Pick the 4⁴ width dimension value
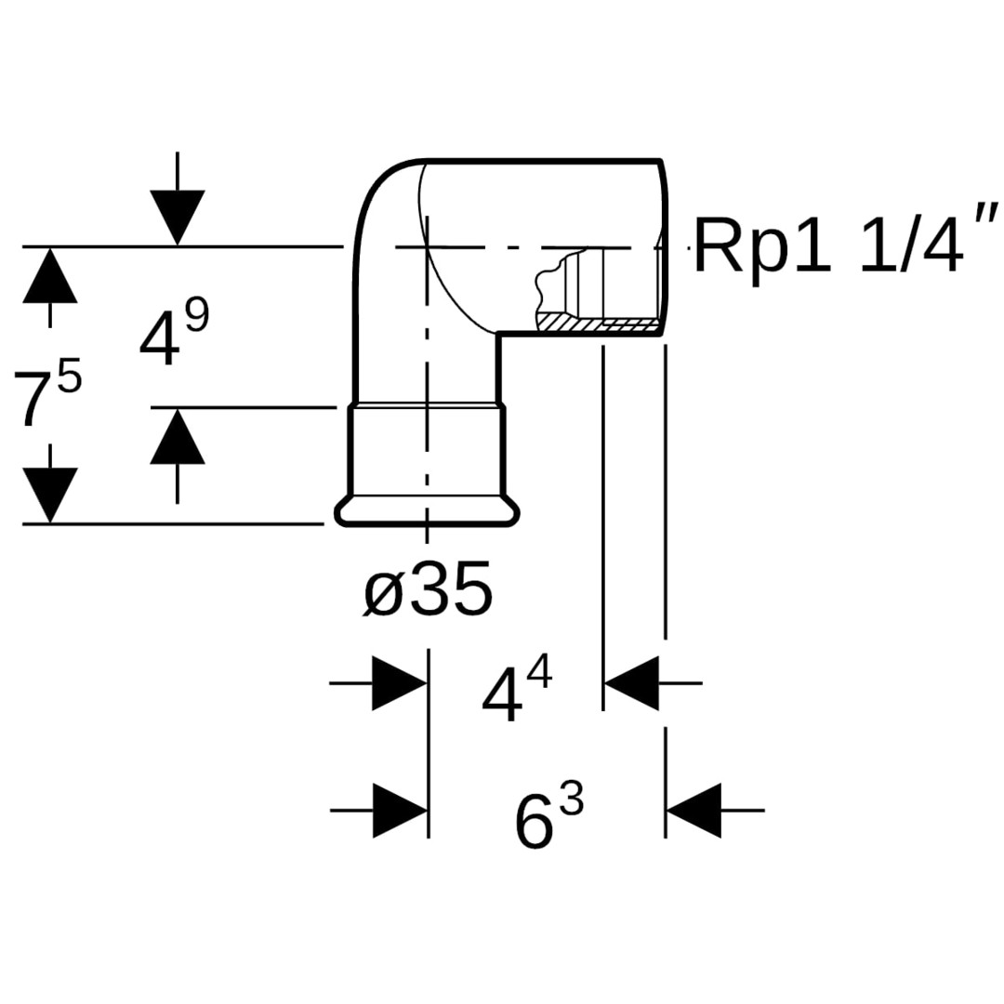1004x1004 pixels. click(516, 694)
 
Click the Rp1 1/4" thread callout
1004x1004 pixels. click(846, 246)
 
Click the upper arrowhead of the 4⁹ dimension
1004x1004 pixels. click(177, 218)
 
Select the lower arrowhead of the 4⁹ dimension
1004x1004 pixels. click(177, 437)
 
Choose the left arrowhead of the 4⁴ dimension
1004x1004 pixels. click(400, 683)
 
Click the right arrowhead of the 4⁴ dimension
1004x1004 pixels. click(632, 683)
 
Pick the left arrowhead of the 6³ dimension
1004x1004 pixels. click(400, 811)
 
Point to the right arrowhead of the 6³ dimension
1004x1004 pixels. click(694, 811)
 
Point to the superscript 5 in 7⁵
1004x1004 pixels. click(70, 379)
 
